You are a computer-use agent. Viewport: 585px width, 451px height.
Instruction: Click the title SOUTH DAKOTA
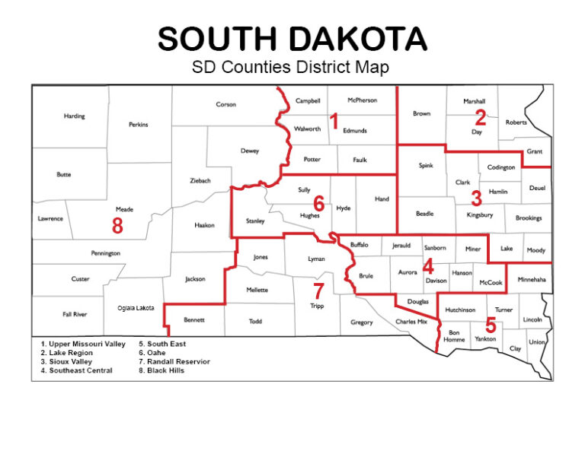click(292, 38)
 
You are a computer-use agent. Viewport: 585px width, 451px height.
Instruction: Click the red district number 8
click(117, 225)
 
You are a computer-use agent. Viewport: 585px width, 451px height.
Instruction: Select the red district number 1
click(333, 120)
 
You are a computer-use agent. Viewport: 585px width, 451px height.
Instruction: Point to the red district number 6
click(318, 203)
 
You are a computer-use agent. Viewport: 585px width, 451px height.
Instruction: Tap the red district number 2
click(480, 117)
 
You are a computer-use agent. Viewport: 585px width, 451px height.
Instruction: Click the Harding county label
click(75, 116)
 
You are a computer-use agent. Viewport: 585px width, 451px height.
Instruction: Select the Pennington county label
click(105, 252)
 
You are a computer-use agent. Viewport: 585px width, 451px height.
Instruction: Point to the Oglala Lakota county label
click(136, 308)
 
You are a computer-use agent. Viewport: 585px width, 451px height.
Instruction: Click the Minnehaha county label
click(531, 280)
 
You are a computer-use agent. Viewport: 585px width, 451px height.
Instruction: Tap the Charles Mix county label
click(411, 322)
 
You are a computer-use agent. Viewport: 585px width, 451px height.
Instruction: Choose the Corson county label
click(226, 104)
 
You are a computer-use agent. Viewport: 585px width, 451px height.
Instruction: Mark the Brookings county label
click(529, 218)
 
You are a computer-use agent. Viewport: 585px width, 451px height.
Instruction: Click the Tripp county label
click(317, 306)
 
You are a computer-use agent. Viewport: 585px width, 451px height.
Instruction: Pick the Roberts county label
click(516, 122)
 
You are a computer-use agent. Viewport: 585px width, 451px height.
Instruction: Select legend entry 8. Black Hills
click(161, 370)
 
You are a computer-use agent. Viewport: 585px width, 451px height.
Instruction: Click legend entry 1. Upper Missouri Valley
click(83, 344)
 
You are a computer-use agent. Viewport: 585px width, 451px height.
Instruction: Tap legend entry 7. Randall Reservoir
click(174, 361)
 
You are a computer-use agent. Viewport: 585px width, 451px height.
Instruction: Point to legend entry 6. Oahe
click(153, 353)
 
